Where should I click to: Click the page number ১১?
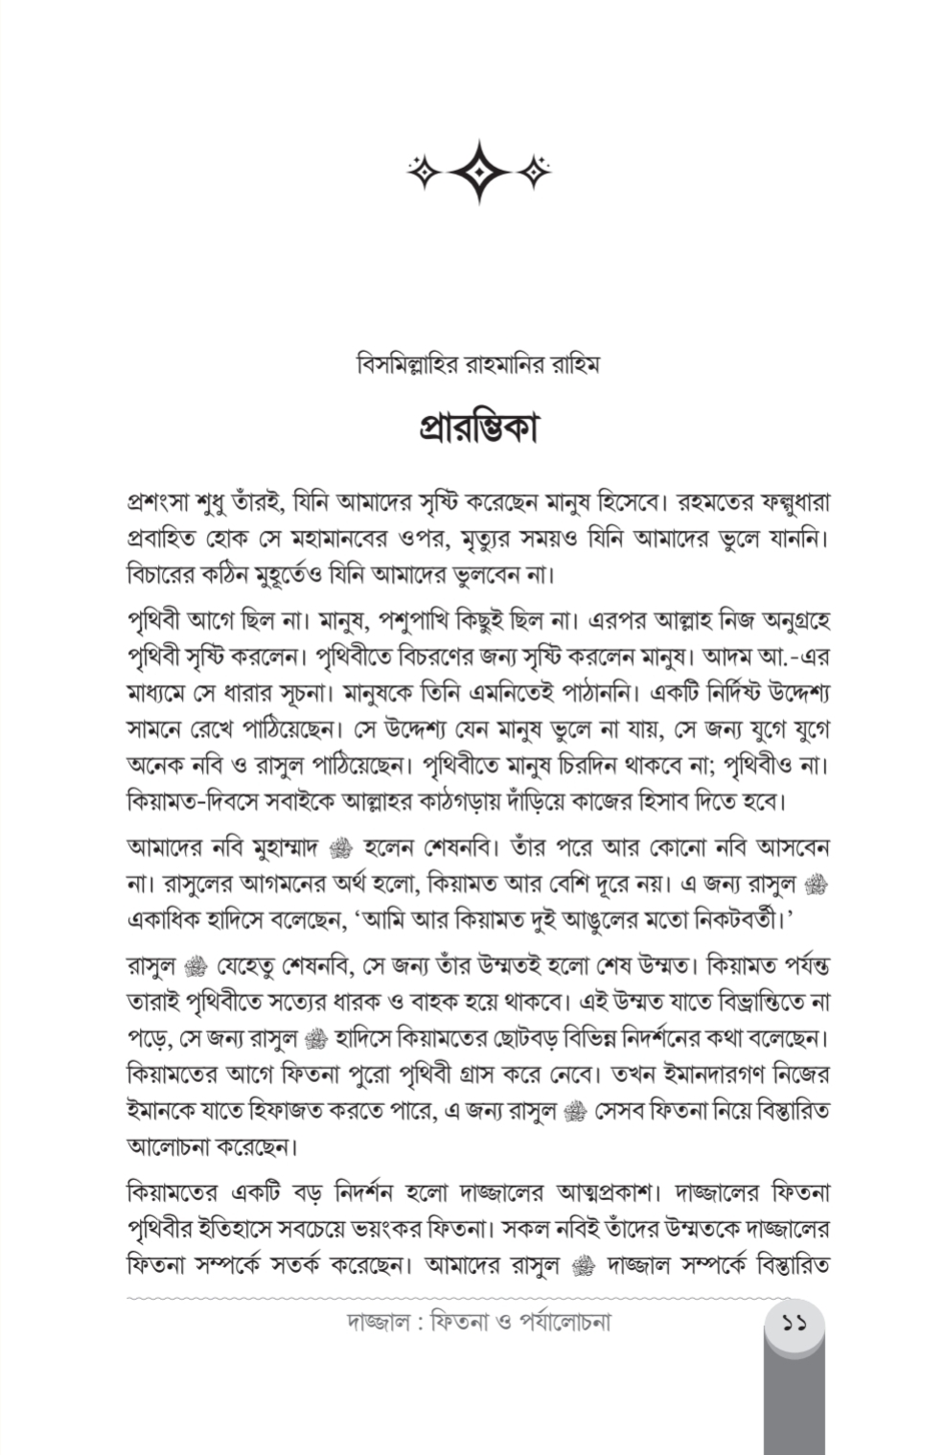coord(794,1326)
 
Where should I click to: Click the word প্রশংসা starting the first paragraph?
coord(158,502)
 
